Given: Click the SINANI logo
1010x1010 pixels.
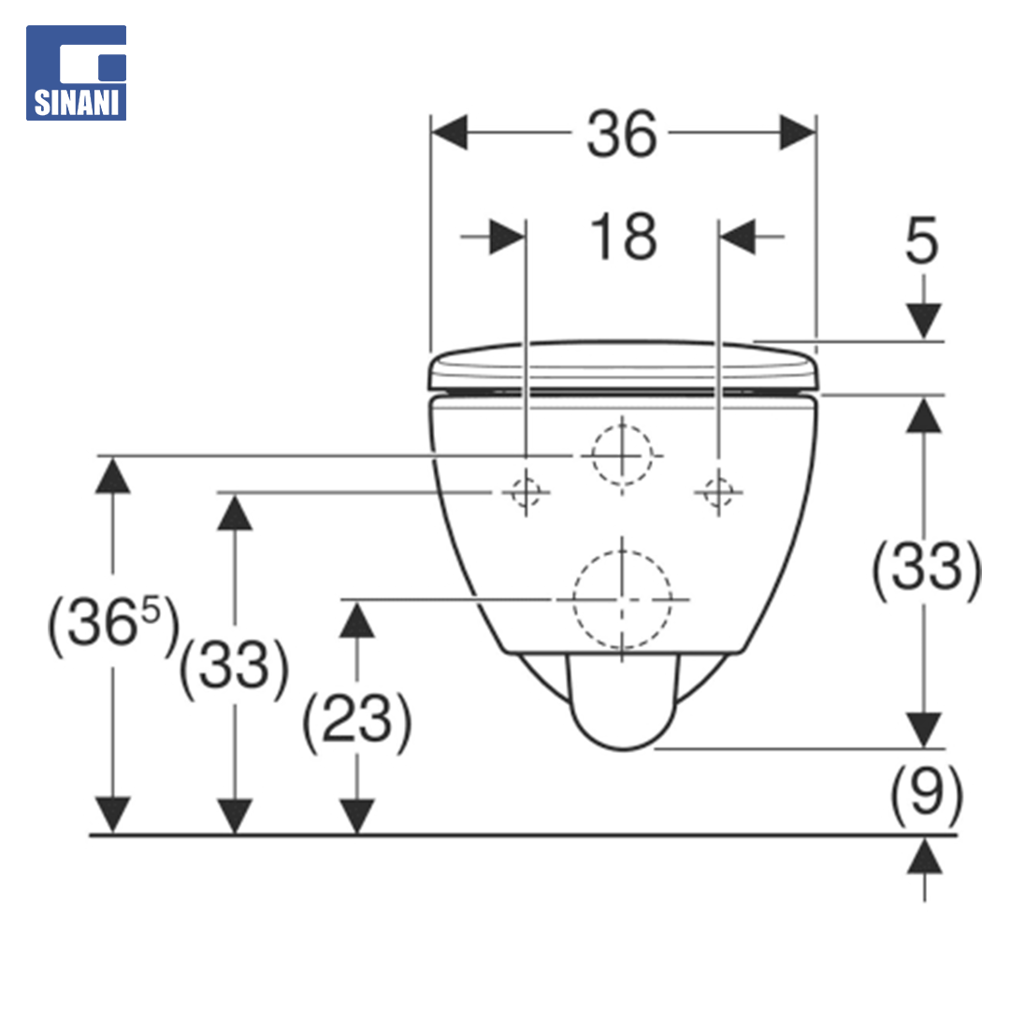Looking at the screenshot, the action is click(76, 73).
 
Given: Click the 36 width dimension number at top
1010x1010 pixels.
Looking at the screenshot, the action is click(622, 134).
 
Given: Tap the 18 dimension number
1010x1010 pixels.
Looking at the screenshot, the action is click(623, 237).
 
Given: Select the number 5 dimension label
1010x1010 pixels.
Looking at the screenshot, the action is click(922, 240).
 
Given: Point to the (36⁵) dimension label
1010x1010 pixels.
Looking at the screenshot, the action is click(113, 622).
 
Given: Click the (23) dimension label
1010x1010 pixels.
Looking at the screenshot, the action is click(356, 719).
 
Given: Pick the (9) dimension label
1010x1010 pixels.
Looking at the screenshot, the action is click(926, 794).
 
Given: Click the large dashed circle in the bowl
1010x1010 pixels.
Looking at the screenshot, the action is click(573, 599).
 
